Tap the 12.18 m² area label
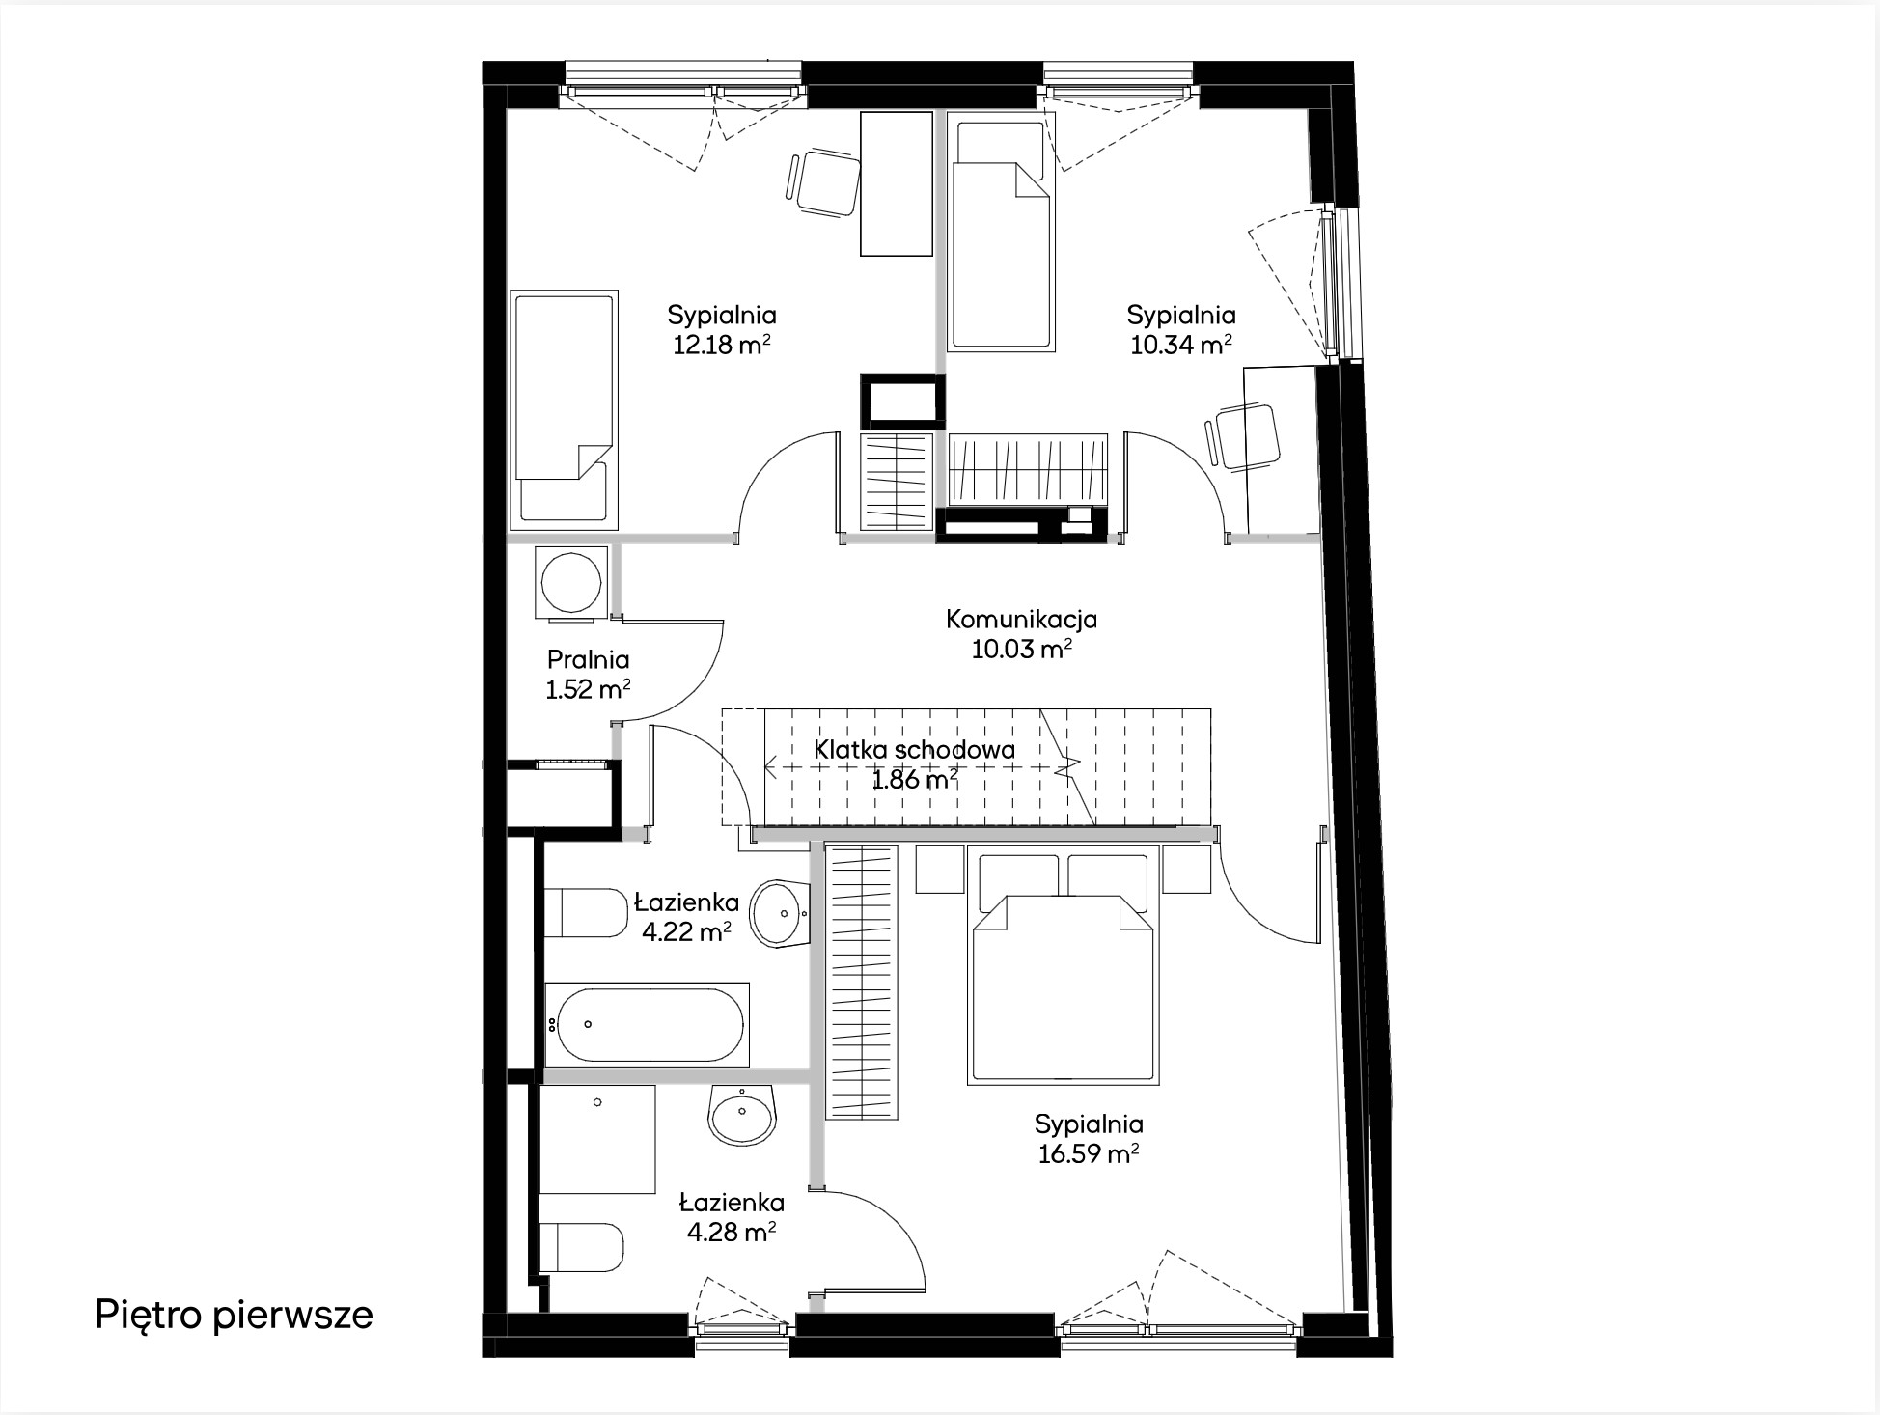point(721,345)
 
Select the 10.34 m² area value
point(1180,345)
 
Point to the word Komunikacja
point(1021,619)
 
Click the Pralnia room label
point(588,659)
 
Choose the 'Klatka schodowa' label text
point(914,750)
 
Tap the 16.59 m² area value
point(1089,1153)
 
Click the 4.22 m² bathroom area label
point(686,931)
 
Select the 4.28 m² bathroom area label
point(732,1232)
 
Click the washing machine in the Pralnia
point(571,582)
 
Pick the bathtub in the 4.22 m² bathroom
point(647,1024)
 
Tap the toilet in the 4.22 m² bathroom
point(586,912)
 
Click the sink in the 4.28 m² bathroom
point(742,1115)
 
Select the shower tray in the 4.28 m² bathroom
point(597,1139)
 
